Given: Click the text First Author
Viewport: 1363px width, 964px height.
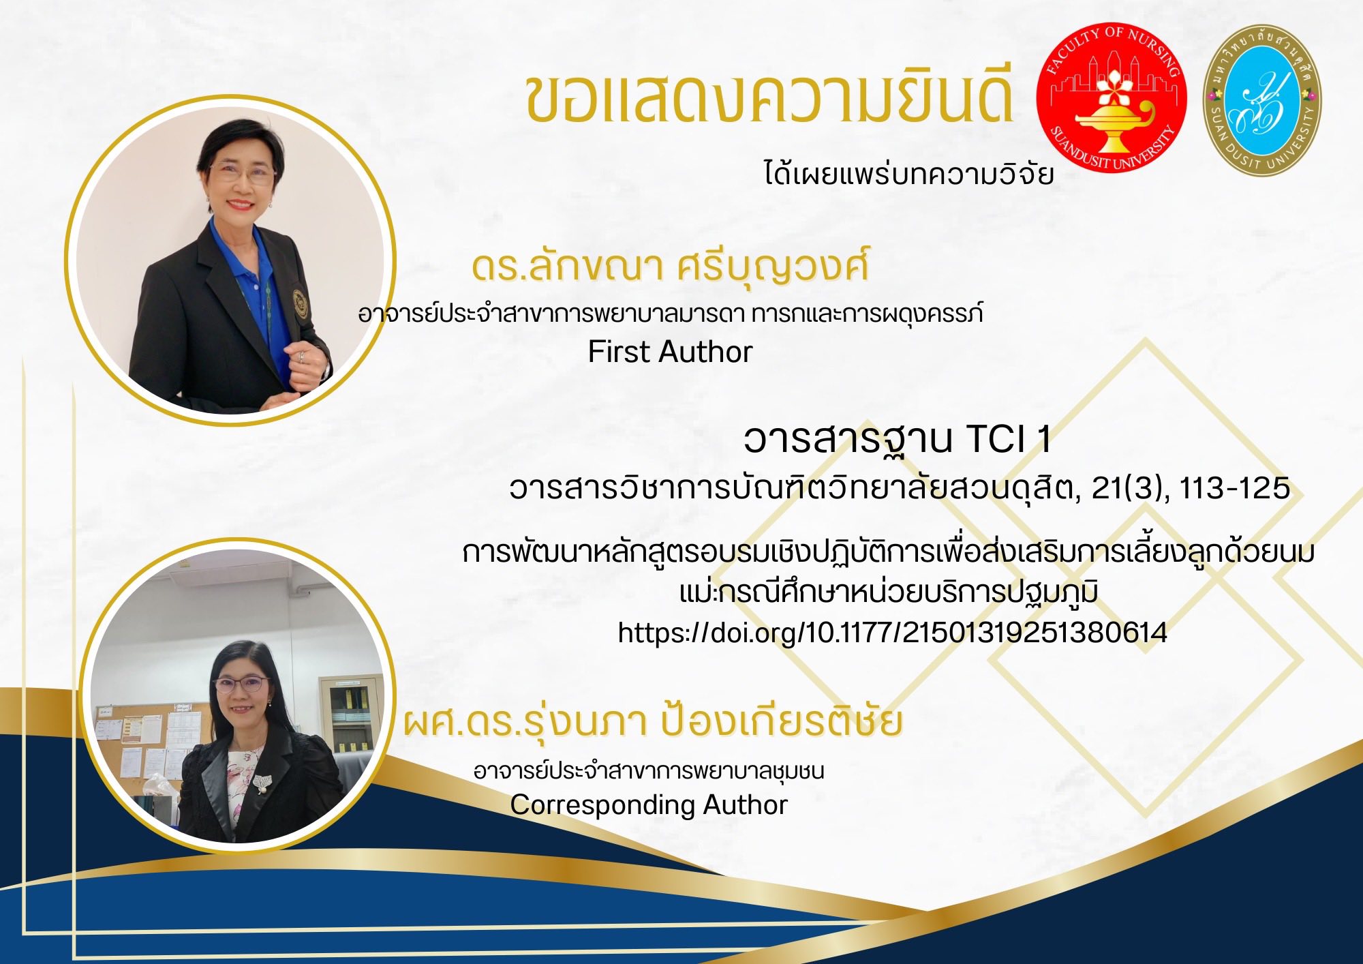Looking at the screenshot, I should coord(670,352).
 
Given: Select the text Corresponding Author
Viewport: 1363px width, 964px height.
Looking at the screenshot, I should coord(649,805).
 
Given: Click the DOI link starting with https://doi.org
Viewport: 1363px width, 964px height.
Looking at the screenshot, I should coord(892,633).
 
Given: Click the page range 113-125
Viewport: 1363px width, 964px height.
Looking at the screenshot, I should coord(1234,488).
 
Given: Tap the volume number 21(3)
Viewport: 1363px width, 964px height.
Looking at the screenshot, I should coord(1130,488).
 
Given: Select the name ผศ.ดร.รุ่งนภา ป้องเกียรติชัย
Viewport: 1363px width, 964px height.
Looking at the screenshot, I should coord(653,723).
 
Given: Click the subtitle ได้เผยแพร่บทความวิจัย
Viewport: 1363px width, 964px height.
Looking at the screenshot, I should coord(908,174).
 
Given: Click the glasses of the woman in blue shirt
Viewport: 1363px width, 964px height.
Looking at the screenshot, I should coord(242,172).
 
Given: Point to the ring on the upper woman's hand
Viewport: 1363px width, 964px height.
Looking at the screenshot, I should coord(301,356).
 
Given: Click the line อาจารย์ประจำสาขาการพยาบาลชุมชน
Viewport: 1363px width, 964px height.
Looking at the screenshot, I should coord(649,771).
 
